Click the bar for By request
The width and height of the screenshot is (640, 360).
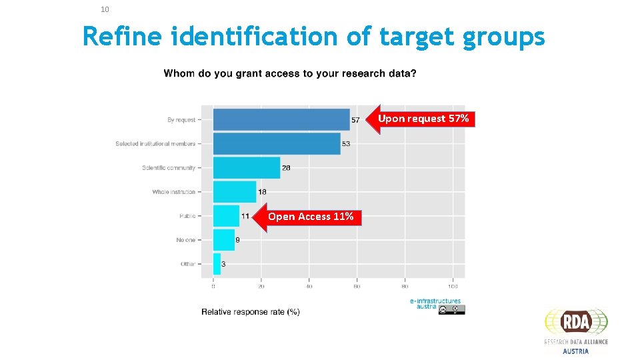click(x=281, y=119)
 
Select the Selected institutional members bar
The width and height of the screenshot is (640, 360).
click(x=276, y=143)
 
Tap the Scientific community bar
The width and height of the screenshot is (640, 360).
click(x=246, y=167)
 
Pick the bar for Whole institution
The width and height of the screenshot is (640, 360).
click(x=234, y=192)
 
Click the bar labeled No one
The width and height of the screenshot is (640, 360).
click(x=223, y=240)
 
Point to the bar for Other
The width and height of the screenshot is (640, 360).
click(x=217, y=264)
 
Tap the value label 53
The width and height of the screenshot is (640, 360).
click(x=346, y=144)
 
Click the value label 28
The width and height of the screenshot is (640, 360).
click(x=286, y=168)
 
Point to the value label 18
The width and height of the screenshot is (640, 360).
click(x=262, y=192)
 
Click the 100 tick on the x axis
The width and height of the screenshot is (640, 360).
click(x=453, y=287)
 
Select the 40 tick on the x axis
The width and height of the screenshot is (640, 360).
click(x=309, y=287)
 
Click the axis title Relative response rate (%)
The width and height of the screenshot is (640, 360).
click(x=250, y=312)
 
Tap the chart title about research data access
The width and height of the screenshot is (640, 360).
click(x=290, y=73)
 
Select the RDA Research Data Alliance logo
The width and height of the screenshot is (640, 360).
click(x=576, y=330)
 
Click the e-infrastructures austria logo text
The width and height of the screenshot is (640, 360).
click(x=435, y=303)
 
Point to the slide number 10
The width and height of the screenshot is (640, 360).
click(x=105, y=9)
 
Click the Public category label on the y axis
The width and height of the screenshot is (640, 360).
click(x=187, y=216)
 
